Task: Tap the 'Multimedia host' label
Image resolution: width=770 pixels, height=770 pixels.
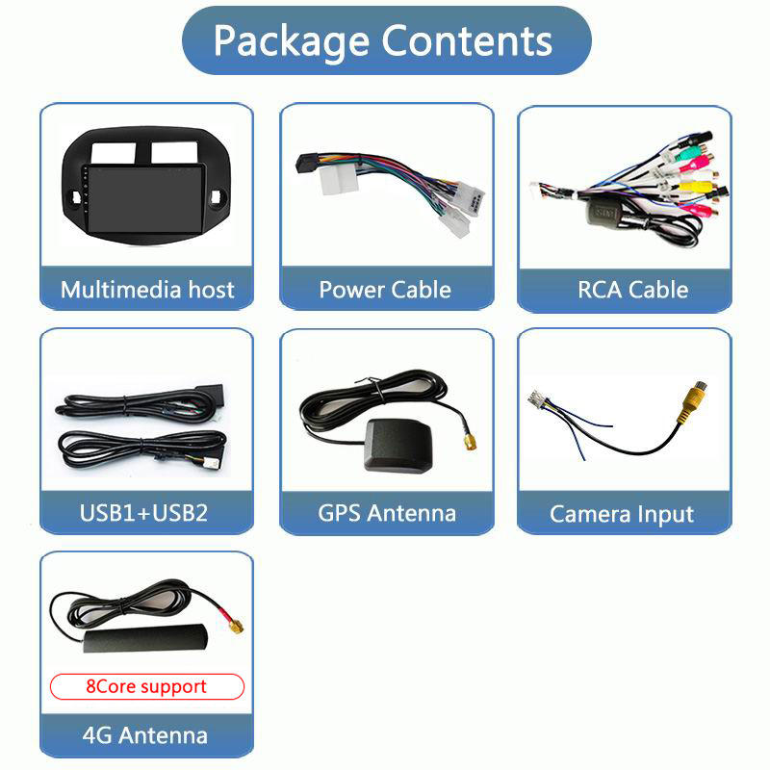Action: pos(147,290)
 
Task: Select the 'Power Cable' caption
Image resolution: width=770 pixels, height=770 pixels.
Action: pos(385,290)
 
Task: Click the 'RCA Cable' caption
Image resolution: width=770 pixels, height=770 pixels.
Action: pos(632,290)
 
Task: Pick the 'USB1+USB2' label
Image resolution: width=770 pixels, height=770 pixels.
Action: pos(143,512)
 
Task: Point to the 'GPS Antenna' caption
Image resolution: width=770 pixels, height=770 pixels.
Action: pos(387,512)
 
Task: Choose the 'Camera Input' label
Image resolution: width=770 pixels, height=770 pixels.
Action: pos(622,514)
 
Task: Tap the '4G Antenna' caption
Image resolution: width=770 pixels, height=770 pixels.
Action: pos(146,735)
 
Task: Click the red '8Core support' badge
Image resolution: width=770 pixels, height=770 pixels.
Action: pos(146,686)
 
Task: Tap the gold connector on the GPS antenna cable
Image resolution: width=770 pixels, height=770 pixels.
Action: pos(469,441)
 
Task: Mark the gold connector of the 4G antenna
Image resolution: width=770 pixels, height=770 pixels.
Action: pos(234,627)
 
